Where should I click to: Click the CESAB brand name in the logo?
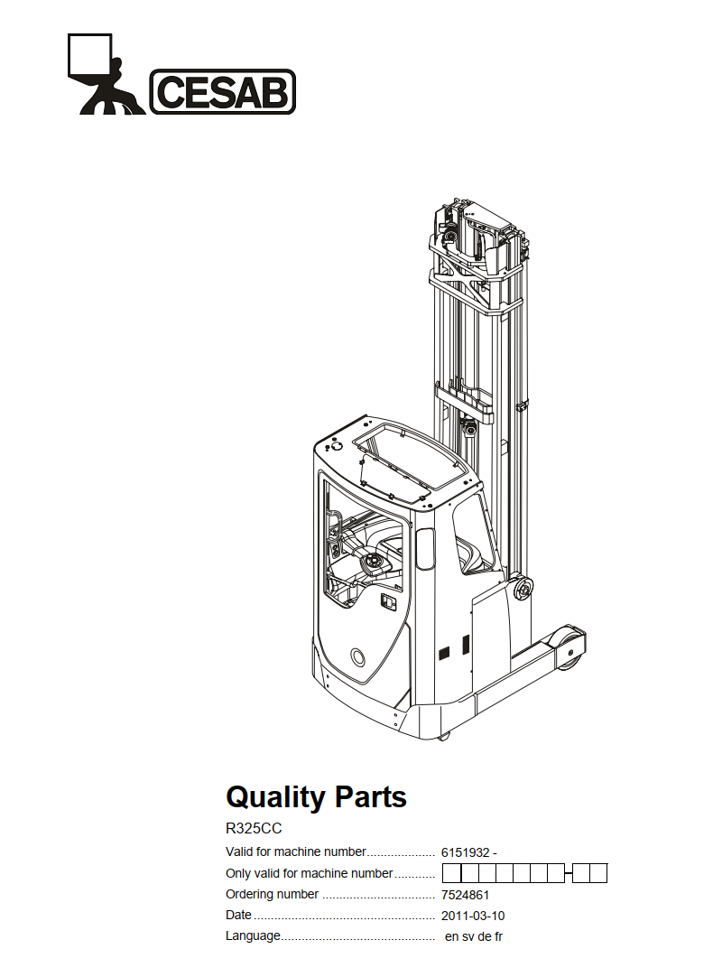point(222,91)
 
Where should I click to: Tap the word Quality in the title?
point(275,797)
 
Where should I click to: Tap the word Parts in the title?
point(371,797)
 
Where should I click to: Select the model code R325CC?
point(254,829)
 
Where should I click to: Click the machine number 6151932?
point(465,853)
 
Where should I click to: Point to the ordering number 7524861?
point(465,896)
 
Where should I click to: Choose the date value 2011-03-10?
point(473,916)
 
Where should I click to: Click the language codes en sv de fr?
point(473,936)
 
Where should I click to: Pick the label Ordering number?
point(273,894)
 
